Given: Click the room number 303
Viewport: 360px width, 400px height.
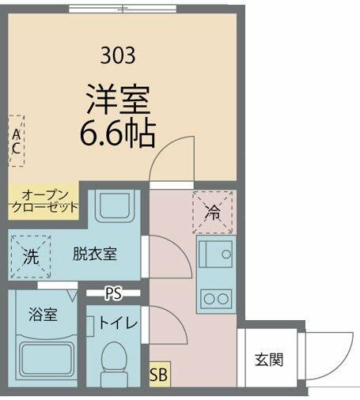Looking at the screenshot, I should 118,55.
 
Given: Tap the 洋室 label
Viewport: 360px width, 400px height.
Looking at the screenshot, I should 118,100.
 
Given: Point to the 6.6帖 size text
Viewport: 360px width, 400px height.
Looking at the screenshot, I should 118,133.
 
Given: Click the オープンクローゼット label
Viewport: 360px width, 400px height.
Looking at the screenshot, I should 44,201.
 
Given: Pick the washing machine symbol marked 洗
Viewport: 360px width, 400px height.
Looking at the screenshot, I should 29,255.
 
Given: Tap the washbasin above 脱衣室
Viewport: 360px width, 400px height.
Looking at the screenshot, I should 116,208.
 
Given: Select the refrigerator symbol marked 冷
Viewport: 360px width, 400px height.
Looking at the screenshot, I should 213,212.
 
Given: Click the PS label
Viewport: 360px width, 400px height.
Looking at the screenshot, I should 114,292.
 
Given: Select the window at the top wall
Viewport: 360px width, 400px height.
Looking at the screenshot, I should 122,9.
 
